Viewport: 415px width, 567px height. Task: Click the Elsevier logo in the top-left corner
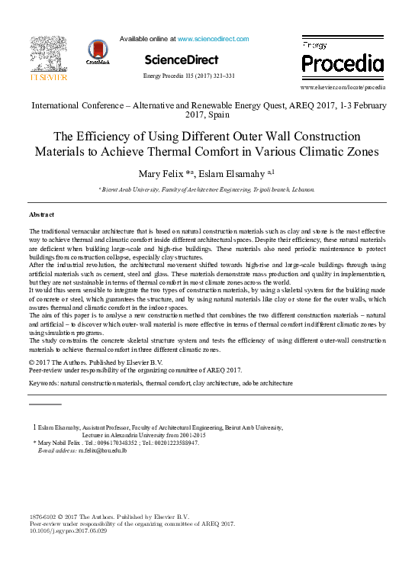[48, 60]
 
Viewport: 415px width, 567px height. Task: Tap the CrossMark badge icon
[98, 53]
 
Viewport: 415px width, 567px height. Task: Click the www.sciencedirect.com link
[213, 38]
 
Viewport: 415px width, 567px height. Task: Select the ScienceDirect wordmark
[181, 60]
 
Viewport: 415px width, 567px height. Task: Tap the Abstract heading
[41, 215]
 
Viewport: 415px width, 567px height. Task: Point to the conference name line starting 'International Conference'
[207, 105]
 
